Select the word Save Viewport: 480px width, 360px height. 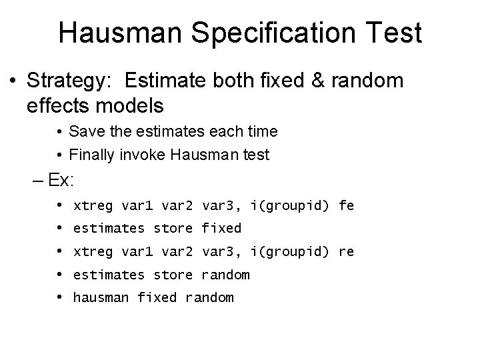coord(84,131)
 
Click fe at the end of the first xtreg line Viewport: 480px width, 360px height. coord(346,206)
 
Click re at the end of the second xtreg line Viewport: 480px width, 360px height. coord(346,252)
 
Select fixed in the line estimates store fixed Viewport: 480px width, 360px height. coord(221,229)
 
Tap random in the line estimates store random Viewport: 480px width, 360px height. coord(225,275)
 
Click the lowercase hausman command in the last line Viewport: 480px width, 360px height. coord(101,298)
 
